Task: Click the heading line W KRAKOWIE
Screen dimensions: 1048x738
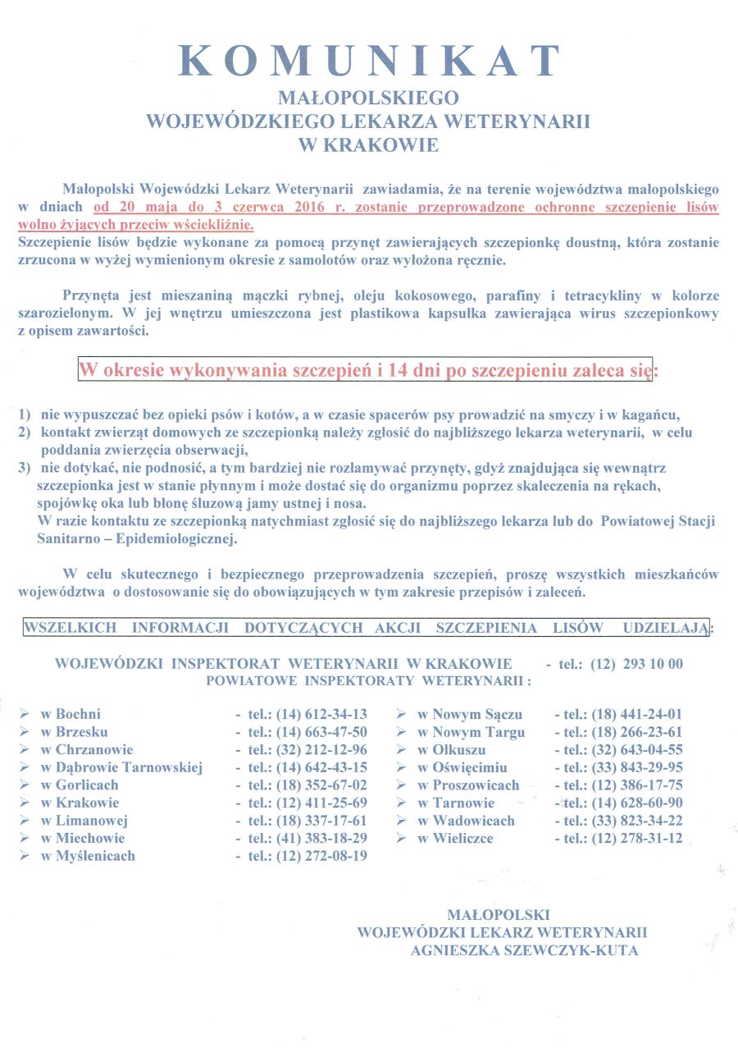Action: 369,145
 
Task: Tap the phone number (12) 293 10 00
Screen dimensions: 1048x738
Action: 636,664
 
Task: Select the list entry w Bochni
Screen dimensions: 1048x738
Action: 71,714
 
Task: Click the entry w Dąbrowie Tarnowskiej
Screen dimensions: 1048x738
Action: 121,767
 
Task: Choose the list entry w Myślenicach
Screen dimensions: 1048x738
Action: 88,855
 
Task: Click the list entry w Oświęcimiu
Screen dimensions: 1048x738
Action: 462,767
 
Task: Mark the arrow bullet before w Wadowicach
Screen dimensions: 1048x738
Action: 401,821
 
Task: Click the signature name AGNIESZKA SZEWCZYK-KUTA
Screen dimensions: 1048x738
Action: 525,950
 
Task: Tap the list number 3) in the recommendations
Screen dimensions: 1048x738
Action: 24,469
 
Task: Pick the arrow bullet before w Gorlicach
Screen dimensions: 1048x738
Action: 25,785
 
